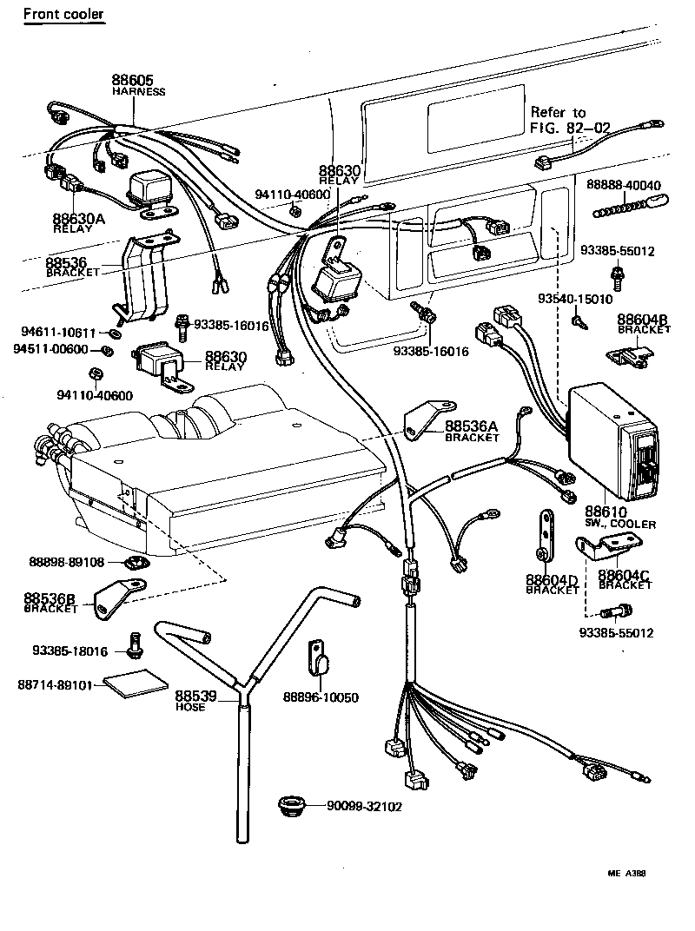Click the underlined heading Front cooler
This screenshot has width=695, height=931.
[63, 14]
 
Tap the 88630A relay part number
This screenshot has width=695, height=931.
[78, 220]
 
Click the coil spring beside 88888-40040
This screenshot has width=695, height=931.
[624, 208]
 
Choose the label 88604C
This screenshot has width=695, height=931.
[625, 575]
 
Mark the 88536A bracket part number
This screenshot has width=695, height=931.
[471, 426]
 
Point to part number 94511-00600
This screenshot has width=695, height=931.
[51, 349]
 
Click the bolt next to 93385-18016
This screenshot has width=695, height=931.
[134, 644]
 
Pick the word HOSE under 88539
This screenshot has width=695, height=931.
[190, 707]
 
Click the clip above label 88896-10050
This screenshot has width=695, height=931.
[319, 657]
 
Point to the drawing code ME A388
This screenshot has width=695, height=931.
[625, 874]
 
